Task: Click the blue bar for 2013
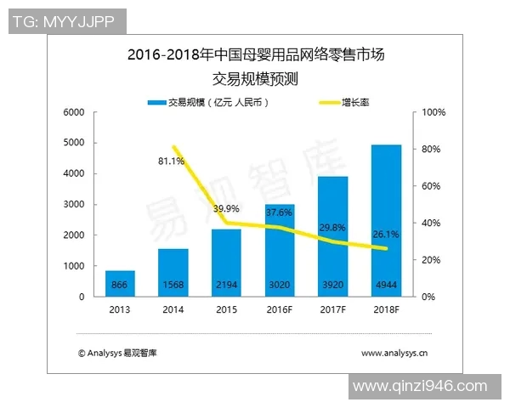tap(121, 283)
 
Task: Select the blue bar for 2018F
tap(387, 221)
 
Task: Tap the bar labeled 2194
tap(227, 263)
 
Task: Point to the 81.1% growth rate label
tap(172, 160)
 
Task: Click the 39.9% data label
tap(226, 208)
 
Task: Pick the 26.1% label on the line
tap(387, 234)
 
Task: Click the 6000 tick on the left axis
tap(73, 112)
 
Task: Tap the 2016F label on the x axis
tap(280, 310)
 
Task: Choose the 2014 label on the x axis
tap(173, 310)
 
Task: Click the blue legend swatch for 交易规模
tap(156, 102)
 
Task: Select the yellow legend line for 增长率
tap(324, 102)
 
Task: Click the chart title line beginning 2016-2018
tap(256, 57)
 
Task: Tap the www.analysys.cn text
tap(394, 352)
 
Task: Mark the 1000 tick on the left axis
tap(73, 266)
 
